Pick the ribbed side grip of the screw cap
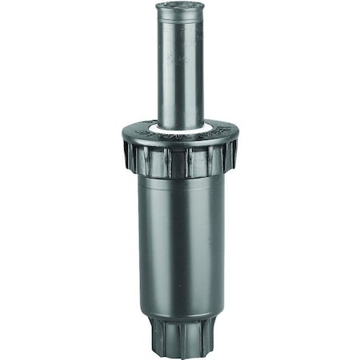pyautogui.click(x=152, y=160)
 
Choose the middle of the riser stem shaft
pyautogui.click(x=179, y=72)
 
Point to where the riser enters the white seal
pyautogui.click(x=179, y=122)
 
